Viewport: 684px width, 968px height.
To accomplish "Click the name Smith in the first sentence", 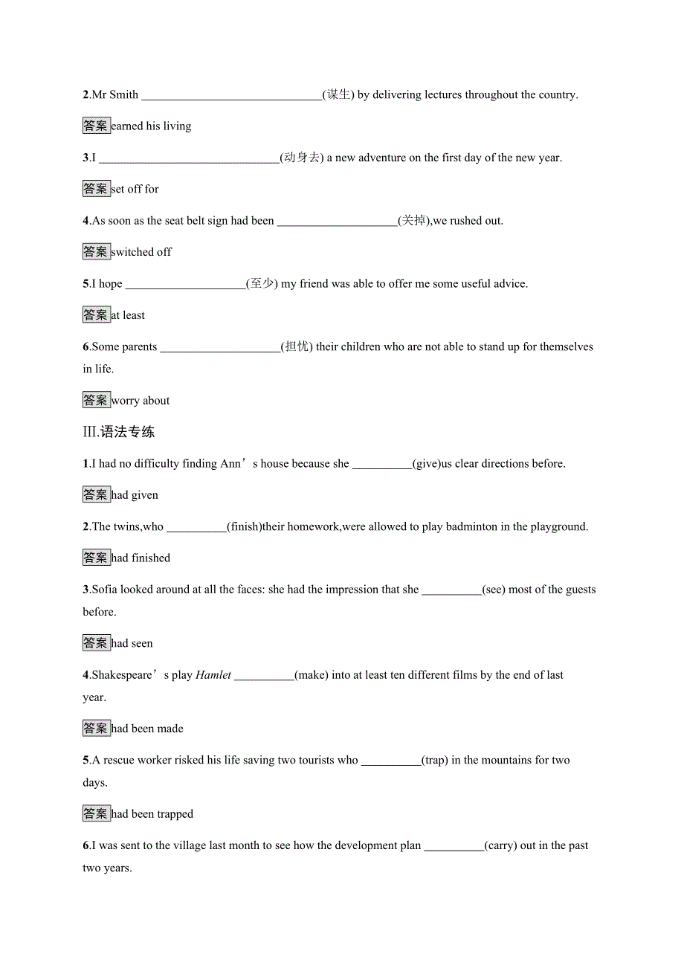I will pos(124,94).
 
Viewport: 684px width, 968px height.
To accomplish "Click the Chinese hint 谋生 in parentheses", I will pos(338,94).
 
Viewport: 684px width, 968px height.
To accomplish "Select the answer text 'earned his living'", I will pos(151,126).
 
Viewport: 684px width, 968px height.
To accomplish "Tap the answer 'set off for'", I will pos(135,190).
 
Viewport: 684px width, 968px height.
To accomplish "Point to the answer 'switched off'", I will pos(141,252).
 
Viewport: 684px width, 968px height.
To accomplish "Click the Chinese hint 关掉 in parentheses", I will pos(413,221).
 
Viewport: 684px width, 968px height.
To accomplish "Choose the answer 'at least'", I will pos(128,315).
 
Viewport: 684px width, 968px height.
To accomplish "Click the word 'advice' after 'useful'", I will pos(511,284).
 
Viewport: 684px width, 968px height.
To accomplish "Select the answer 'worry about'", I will pos(141,401).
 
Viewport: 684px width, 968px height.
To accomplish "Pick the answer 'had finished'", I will pos(141,558).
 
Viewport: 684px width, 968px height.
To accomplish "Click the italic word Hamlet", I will pos(213,675).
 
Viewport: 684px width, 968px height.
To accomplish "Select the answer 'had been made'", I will pos(147,729).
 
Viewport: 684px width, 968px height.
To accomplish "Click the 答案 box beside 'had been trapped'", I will pos(96,814).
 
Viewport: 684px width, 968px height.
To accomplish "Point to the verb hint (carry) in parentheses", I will pos(500,846).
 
